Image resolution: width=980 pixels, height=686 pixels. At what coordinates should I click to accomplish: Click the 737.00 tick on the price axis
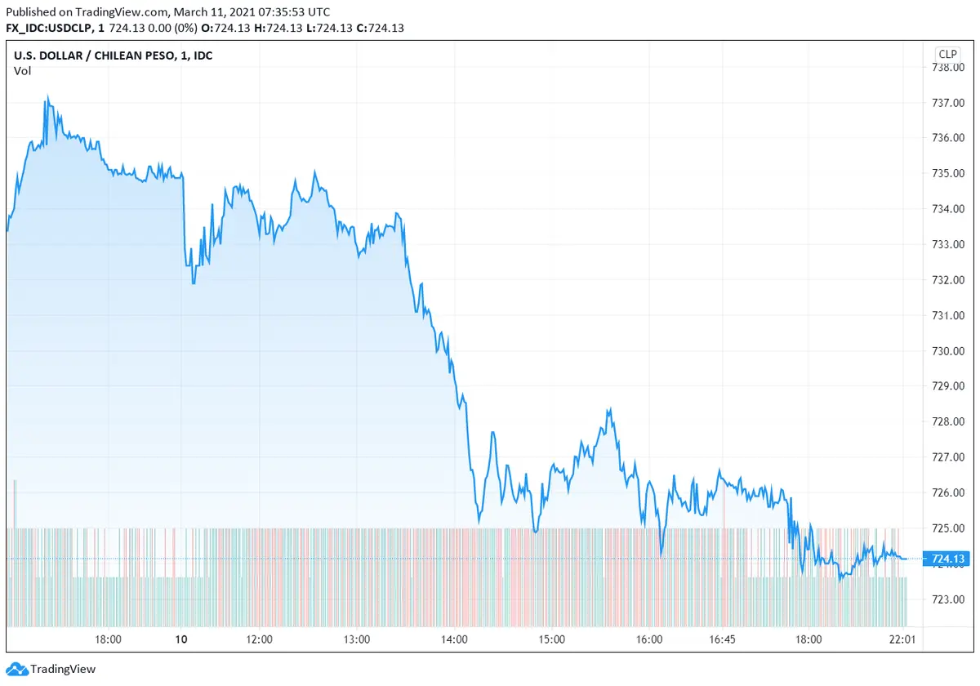click(x=948, y=102)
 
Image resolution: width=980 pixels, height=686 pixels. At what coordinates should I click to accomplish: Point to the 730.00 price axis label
click(x=948, y=351)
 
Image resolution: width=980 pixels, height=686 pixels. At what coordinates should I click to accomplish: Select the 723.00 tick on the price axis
click(x=948, y=599)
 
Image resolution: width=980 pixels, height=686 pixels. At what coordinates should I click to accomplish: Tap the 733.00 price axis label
click(x=948, y=244)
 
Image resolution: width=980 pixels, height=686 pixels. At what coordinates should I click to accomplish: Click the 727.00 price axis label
click(x=948, y=457)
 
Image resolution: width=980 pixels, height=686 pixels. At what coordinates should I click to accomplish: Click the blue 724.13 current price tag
click(x=947, y=559)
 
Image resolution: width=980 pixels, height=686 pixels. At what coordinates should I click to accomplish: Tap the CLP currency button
click(x=947, y=54)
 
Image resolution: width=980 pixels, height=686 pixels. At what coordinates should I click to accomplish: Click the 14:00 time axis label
click(x=454, y=639)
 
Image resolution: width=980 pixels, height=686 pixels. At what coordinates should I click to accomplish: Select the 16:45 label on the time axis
click(x=723, y=639)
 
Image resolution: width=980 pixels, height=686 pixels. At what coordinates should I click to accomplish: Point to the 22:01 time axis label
click(x=902, y=639)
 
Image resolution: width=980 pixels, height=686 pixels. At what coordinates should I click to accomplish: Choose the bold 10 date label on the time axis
click(x=181, y=639)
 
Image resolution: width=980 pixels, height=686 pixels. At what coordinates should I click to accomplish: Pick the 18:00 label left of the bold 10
click(x=109, y=639)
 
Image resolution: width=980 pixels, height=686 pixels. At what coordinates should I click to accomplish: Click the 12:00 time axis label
click(x=259, y=639)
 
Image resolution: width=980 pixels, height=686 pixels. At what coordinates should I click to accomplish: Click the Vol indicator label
click(x=22, y=71)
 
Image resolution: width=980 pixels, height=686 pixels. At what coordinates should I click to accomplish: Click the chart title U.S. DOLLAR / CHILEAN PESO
click(x=90, y=56)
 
